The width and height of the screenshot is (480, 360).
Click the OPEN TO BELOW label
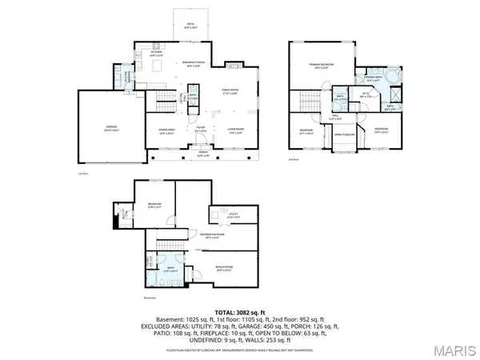tap(343, 134)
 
